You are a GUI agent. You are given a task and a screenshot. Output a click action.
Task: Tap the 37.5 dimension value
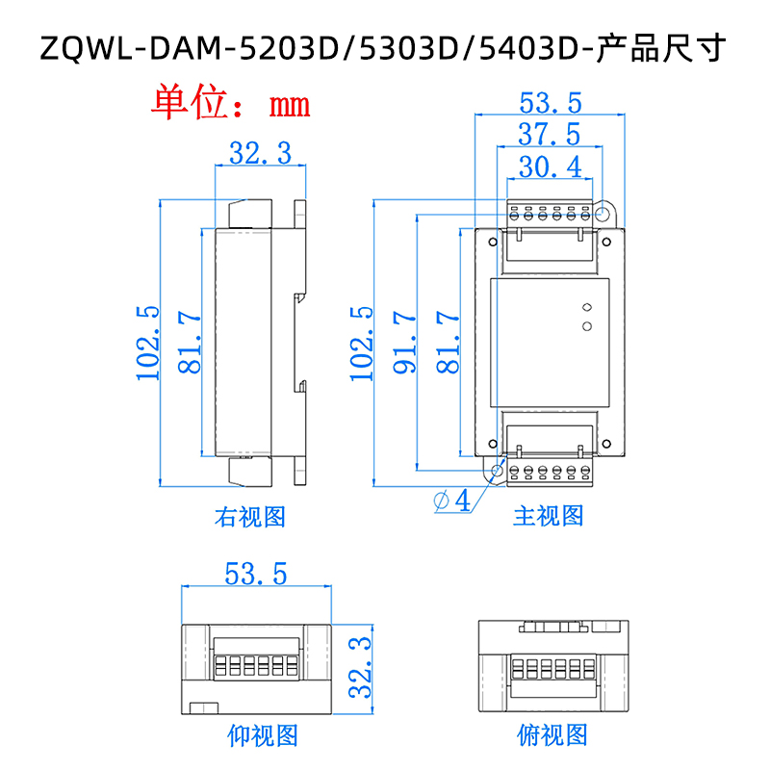pyautogui.click(x=549, y=134)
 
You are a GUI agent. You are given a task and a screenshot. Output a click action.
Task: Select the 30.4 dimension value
pyautogui.click(x=549, y=167)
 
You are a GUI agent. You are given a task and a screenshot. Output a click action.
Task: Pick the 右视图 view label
pyautogui.click(x=249, y=517)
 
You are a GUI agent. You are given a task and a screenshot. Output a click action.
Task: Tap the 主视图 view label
pyautogui.click(x=548, y=516)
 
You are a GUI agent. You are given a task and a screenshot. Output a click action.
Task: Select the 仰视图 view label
pyautogui.click(x=262, y=736)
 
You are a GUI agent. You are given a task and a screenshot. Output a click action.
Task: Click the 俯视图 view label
pyautogui.click(x=551, y=736)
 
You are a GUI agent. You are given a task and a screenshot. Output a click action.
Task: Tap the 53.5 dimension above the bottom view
pyautogui.click(x=256, y=575)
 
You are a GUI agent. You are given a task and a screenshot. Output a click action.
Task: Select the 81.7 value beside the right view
pyautogui.click(x=189, y=343)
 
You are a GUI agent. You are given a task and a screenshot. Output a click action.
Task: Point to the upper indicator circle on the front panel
pyautogui.click(x=585, y=308)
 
